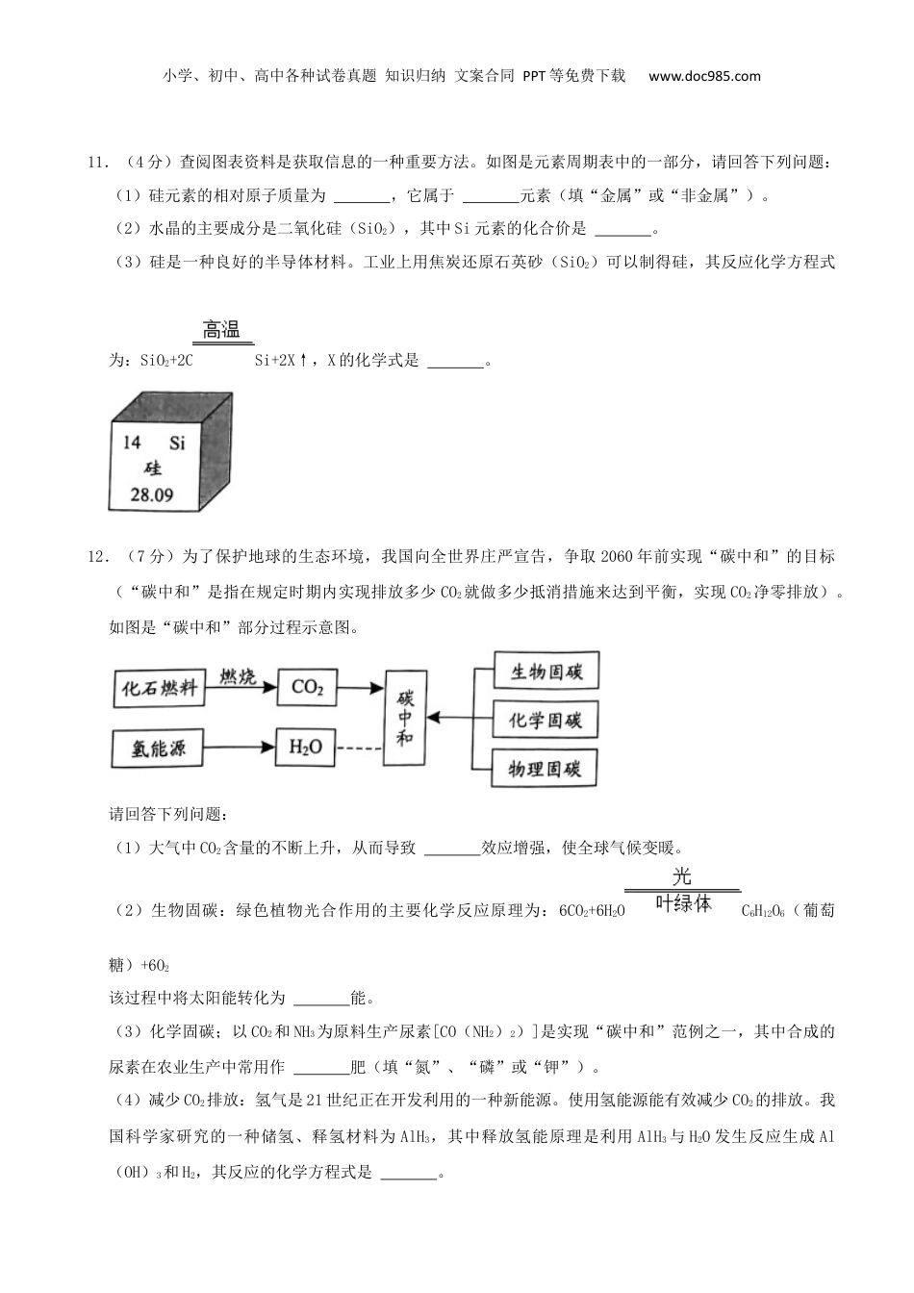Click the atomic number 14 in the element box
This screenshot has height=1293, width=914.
tap(133, 442)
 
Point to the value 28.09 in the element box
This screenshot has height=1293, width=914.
tap(152, 495)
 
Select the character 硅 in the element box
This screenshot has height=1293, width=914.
tap(152, 469)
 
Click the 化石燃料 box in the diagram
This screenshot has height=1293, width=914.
tap(160, 688)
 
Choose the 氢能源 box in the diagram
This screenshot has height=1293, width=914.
tap(160, 748)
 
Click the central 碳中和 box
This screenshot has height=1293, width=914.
tap(405, 716)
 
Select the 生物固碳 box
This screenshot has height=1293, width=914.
tap(546, 672)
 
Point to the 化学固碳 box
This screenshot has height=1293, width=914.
tap(546, 720)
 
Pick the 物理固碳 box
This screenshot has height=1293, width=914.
tap(546, 768)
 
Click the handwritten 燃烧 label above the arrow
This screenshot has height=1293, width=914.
tap(238, 676)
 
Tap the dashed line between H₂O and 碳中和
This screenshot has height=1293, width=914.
tap(360, 748)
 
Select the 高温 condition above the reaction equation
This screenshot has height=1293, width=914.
tap(221, 330)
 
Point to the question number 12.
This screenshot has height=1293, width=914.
tap(97, 556)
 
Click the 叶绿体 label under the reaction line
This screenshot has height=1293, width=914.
tap(682, 903)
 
